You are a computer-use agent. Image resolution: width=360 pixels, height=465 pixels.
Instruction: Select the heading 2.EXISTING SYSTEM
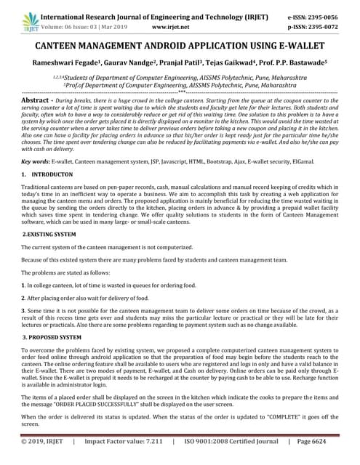(x=49, y=234)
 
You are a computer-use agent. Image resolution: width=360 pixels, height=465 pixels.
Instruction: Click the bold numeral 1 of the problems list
(x=23, y=283)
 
